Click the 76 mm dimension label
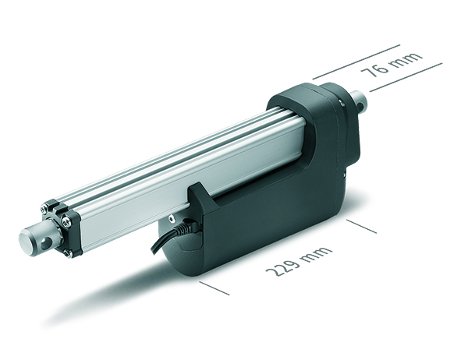tap(392, 65)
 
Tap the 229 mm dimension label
tap(299, 261)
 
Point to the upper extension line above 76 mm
tap(356, 62)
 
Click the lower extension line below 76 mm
tap(406, 77)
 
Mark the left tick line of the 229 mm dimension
tap(214, 288)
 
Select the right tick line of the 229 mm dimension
tap(361, 226)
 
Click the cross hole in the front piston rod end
tap(46, 244)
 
